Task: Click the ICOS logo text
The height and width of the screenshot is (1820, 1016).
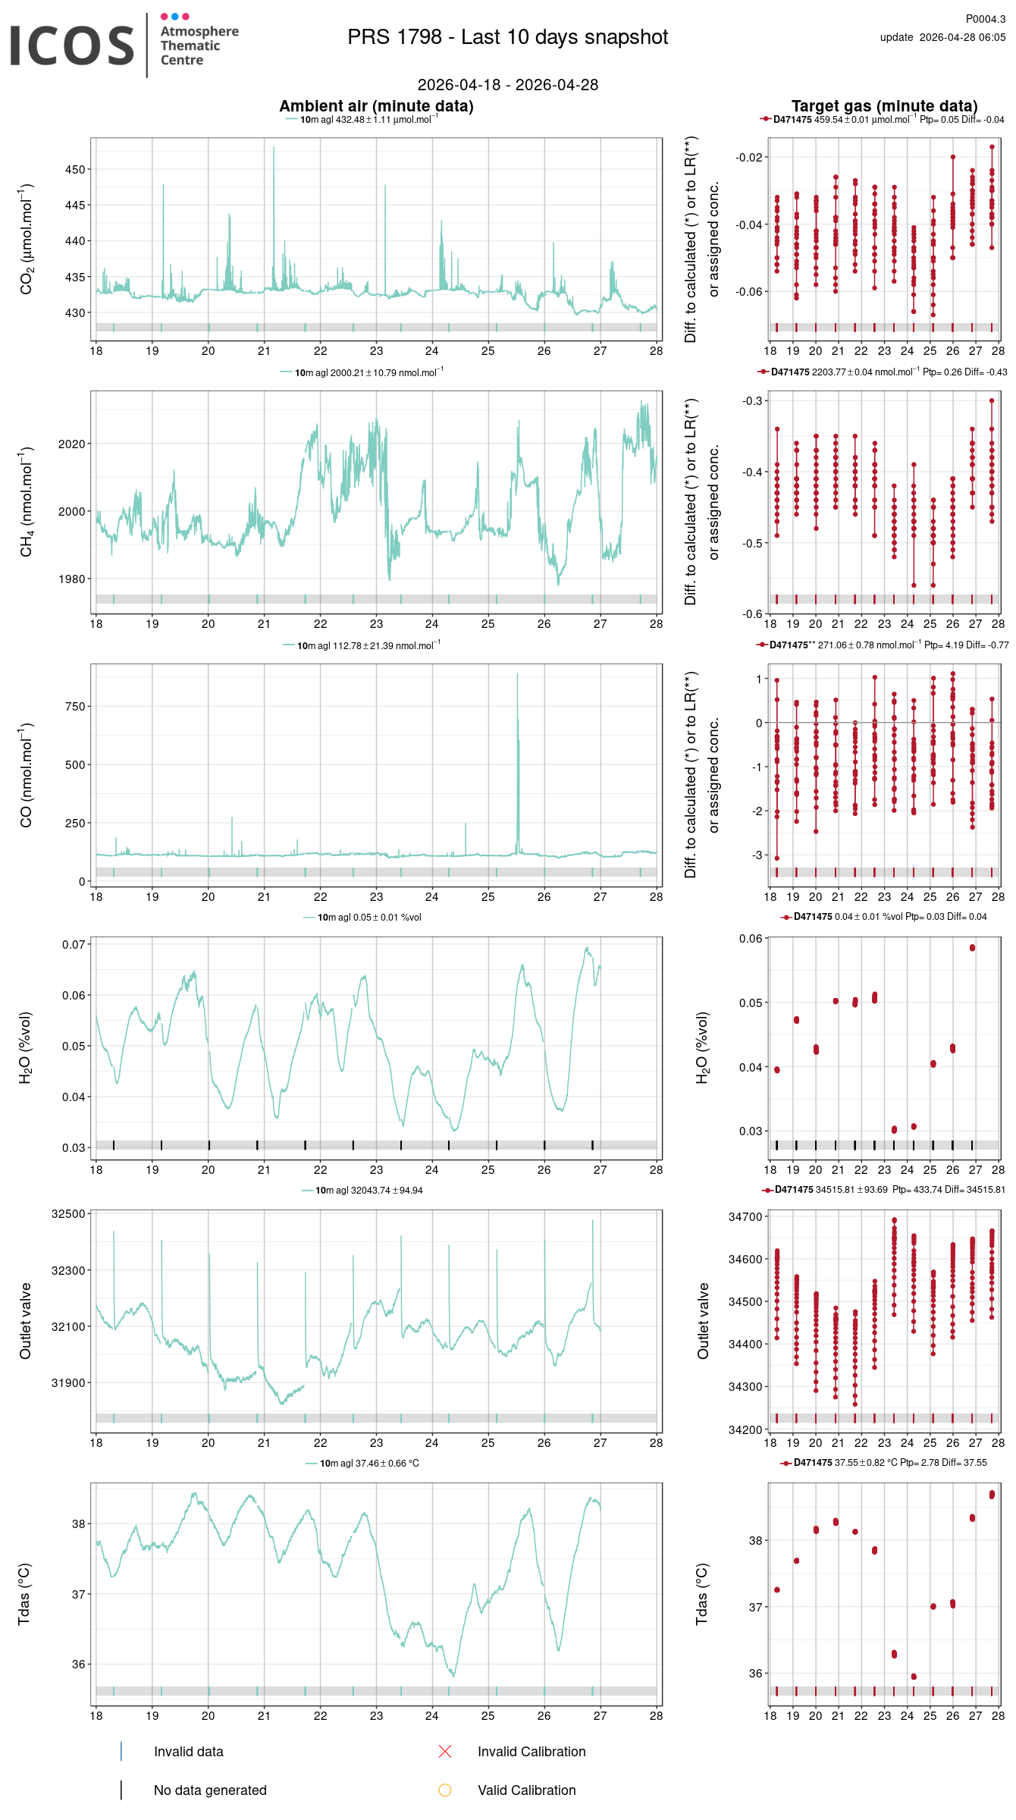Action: [x=72, y=45]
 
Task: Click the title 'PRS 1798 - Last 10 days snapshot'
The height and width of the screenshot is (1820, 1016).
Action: [x=507, y=37]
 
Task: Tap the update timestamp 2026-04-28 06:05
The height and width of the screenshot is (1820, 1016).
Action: [x=961, y=37]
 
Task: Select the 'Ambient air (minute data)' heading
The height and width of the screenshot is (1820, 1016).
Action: [x=376, y=106]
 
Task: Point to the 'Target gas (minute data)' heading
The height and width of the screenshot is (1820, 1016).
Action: [x=884, y=106]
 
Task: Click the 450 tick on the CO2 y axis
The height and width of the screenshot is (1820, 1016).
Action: [x=75, y=170]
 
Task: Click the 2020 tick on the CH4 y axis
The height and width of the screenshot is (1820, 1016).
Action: [x=72, y=444]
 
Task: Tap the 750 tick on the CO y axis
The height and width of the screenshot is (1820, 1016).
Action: [x=75, y=707]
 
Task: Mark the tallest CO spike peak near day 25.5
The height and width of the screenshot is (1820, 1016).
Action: [x=518, y=674]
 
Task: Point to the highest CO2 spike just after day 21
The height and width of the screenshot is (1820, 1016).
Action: [x=274, y=147]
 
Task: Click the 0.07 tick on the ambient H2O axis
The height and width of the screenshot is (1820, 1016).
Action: [x=73, y=945]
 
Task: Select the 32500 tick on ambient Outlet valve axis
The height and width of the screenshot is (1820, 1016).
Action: [x=68, y=1214]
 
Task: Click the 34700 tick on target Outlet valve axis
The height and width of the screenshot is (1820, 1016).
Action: [x=745, y=1217]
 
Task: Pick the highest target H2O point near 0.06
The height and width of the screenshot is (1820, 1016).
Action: [x=972, y=948]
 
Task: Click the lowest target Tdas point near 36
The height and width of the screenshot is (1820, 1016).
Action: [x=914, y=1677]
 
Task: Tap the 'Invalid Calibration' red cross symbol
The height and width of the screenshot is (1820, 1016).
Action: [x=445, y=1752]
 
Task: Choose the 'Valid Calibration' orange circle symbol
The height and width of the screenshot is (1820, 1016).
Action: [x=445, y=1790]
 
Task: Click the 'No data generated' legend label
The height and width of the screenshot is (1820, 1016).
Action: [x=210, y=1790]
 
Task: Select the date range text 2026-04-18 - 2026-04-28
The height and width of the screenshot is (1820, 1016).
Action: [x=507, y=85]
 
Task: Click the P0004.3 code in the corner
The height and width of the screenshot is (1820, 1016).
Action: [x=985, y=19]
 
